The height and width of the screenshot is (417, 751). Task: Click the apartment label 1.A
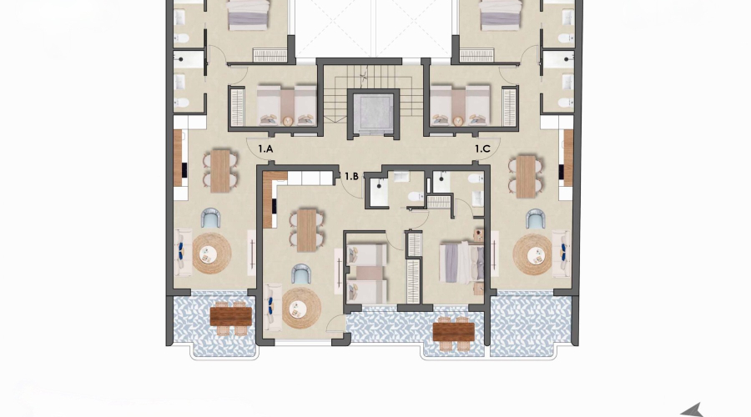(x=266, y=148)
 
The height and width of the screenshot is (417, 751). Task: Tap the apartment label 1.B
(x=351, y=176)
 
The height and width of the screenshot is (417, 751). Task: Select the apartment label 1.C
(x=483, y=148)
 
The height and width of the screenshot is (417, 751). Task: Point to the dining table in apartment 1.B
(x=308, y=229)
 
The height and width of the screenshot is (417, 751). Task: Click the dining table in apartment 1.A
(x=220, y=170)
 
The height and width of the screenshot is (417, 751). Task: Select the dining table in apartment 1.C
(x=526, y=175)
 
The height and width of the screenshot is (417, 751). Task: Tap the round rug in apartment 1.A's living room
(x=211, y=254)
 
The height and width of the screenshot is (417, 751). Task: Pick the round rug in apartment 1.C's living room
(x=532, y=254)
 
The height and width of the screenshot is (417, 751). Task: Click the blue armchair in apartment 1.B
(x=301, y=273)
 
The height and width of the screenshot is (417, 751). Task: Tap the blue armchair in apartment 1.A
(x=211, y=219)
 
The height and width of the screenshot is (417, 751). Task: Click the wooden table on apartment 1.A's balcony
(x=230, y=316)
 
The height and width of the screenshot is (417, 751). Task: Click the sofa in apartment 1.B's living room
(x=272, y=306)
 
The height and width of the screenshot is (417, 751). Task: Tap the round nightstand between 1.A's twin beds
(x=288, y=121)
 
